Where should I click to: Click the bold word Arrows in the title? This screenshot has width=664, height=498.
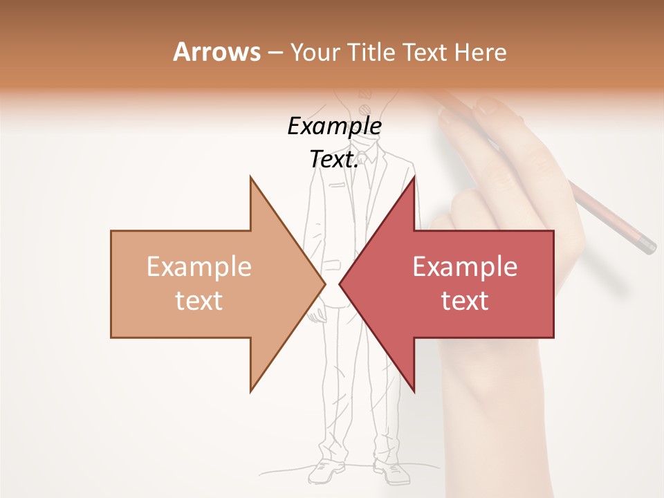pos(216,52)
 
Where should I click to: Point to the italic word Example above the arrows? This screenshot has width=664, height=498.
pos(334,127)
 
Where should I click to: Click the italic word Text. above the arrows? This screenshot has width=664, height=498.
pos(334,159)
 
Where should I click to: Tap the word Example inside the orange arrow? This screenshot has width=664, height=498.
pos(199,266)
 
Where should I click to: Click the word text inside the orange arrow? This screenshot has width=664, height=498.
pos(199,301)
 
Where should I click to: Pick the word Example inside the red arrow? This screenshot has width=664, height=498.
pos(465,266)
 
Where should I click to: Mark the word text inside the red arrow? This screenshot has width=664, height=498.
pos(465,301)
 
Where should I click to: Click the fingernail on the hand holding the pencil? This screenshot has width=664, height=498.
pos(488,106)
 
